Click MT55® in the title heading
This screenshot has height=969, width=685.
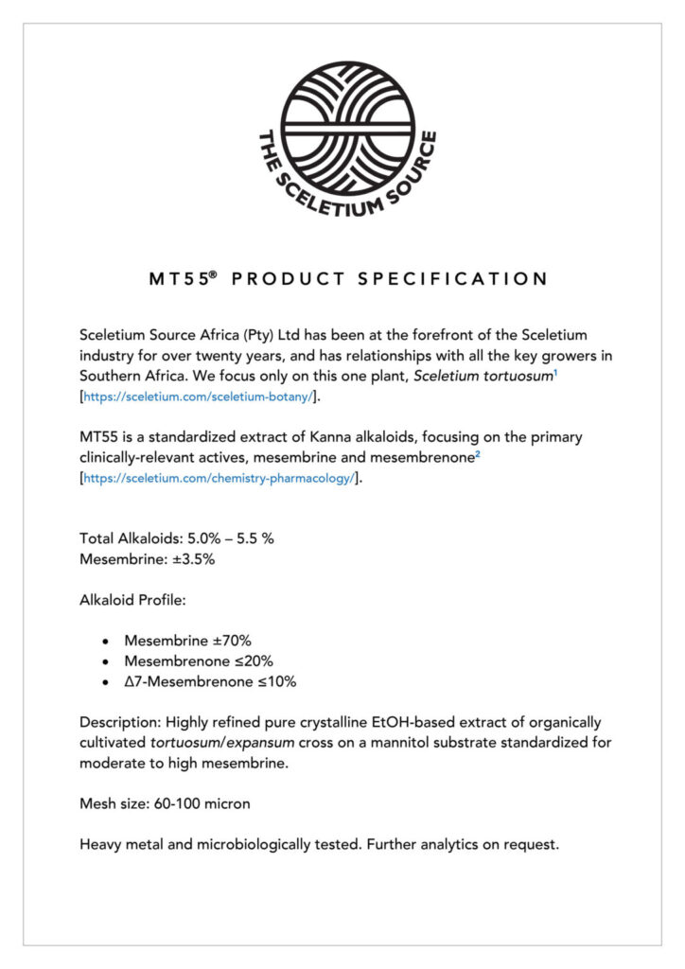pyautogui.click(x=184, y=279)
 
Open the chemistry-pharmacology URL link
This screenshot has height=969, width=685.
pyautogui.click(x=220, y=479)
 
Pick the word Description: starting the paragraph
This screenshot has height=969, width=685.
pyautogui.click(x=121, y=722)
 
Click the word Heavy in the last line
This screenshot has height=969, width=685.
pyautogui.click(x=101, y=844)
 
